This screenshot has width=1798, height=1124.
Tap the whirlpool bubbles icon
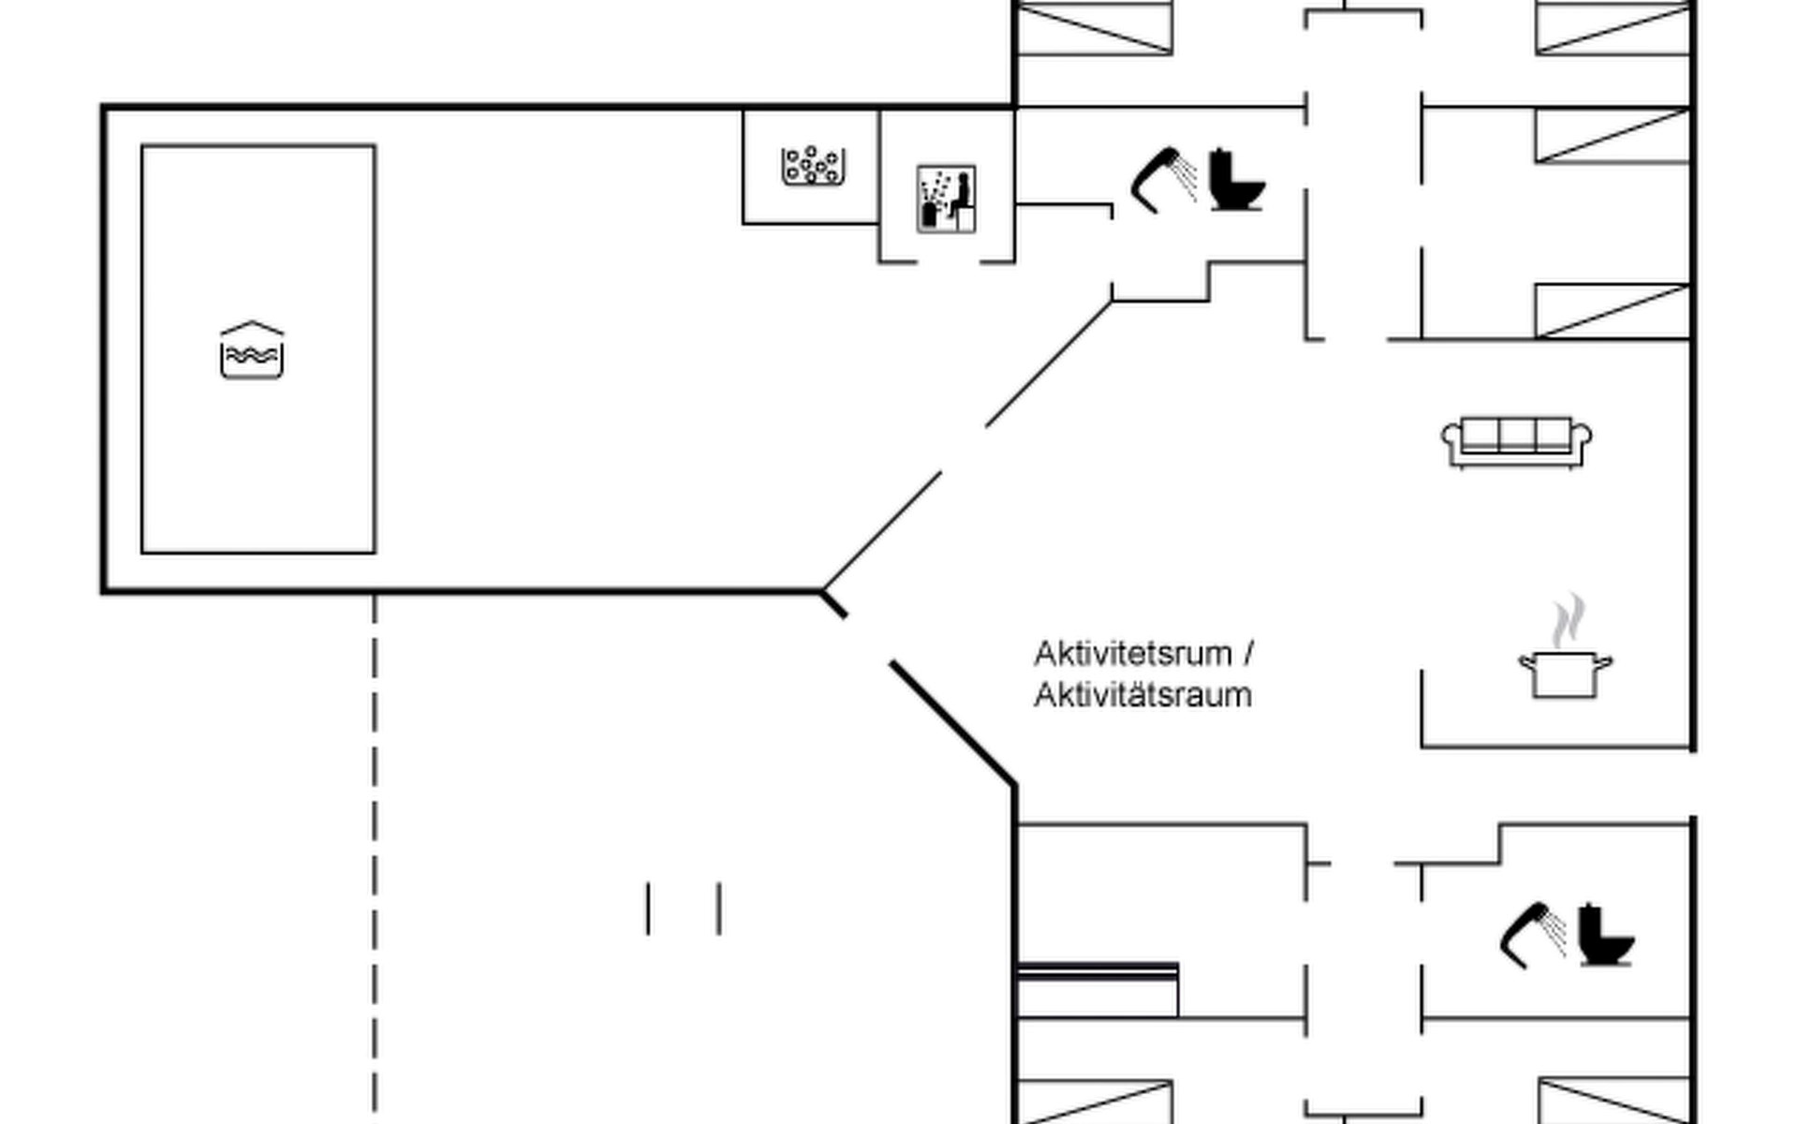coord(812,166)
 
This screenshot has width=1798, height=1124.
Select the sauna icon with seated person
coord(946,199)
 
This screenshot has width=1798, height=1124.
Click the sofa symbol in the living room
coord(1516,442)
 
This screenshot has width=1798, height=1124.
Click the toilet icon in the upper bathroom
coord(1236,180)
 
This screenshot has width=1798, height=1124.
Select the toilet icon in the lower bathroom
coord(1605,935)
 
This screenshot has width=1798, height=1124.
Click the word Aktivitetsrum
coord(1132,654)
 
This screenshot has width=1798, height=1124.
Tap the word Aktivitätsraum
coord(1142,696)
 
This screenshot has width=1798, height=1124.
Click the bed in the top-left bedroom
coord(1094,27)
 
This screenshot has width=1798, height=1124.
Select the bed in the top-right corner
coord(1613,27)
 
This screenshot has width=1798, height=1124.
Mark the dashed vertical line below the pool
coord(375,843)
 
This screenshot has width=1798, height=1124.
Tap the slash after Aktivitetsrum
coord(1248,654)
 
